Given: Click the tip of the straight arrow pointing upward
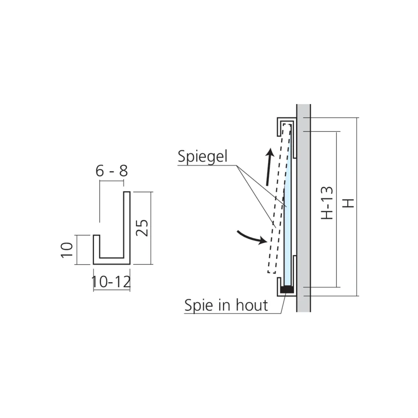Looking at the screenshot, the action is [x=271, y=148].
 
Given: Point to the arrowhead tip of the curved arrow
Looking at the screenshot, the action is [x=267, y=242].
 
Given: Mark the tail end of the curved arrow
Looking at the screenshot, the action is [x=237, y=232].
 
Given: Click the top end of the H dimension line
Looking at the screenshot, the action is [x=357, y=117].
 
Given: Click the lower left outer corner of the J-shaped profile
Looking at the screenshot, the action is [x=93, y=264].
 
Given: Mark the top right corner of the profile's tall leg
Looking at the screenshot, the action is [x=130, y=192].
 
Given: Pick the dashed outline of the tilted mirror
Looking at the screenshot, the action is [x=279, y=198].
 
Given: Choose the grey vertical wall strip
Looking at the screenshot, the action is [x=303, y=208].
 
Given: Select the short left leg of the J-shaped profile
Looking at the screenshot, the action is [x=97, y=250].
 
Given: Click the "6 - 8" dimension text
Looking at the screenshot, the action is [x=112, y=171].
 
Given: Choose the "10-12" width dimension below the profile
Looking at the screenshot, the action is [x=111, y=282].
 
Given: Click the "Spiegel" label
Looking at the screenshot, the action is [x=203, y=156].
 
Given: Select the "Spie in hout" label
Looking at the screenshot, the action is [x=226, y=305].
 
